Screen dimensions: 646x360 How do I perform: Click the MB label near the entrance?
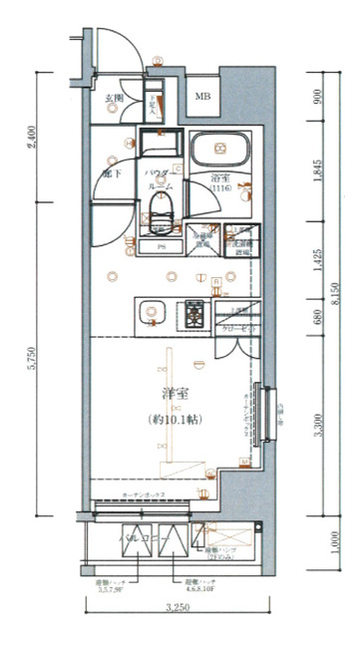click(202, 97)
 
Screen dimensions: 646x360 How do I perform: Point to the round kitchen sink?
click(151, 312)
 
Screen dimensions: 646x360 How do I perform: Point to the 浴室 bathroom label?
click(221, 177)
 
